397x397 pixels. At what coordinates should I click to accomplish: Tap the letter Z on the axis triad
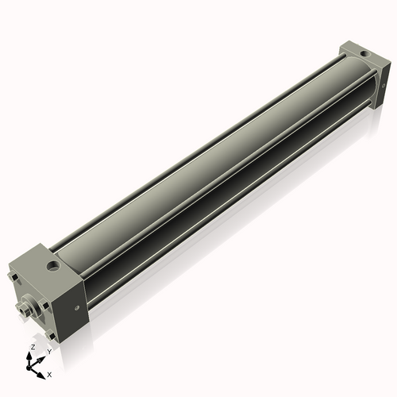click(32, 348)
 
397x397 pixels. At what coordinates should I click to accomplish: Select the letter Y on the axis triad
click(48, 351)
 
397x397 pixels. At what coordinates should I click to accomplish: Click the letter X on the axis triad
click(50, 373)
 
